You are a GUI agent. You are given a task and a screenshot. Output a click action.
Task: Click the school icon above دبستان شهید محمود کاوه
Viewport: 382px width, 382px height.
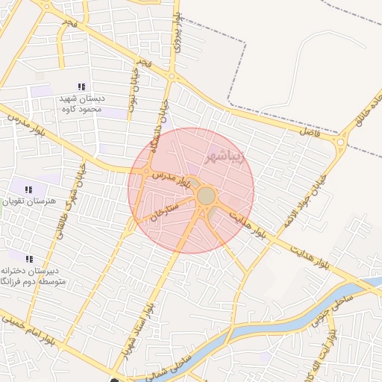click(81, 87)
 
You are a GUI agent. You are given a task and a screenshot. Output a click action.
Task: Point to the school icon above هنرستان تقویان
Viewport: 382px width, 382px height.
click(29, 190)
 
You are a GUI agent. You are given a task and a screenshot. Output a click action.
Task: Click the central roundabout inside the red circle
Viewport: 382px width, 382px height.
click(207, 196)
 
